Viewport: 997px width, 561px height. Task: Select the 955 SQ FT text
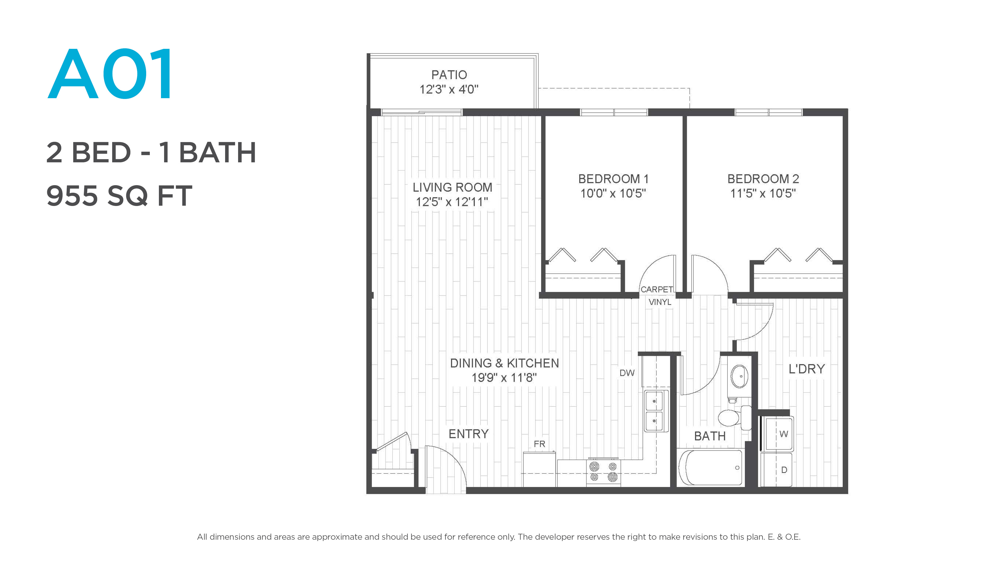click(119, 196)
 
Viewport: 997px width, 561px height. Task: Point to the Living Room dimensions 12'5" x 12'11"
click(452, 202)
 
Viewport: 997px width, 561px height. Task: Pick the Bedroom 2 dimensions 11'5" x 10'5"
click(763, 193)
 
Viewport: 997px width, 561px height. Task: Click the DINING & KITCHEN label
click(504, 363)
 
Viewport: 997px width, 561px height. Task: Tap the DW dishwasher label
click(627, 373)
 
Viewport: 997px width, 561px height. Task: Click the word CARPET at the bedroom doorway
click(657, 290)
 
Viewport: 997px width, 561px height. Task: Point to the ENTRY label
click(468, 434)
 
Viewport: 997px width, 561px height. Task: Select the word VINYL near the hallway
click(660, 302)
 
